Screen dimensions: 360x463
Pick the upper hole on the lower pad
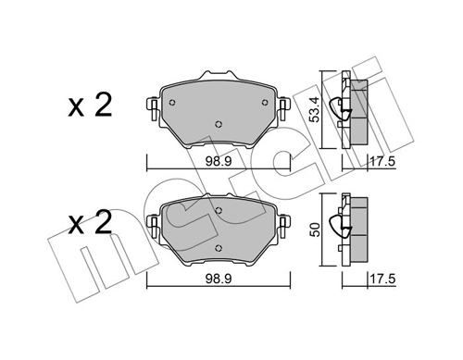tap(218, 211)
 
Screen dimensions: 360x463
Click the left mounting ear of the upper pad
tap(150, 109)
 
